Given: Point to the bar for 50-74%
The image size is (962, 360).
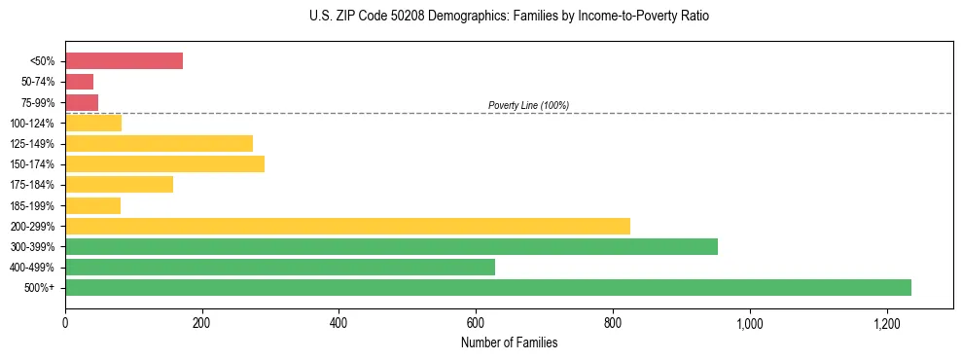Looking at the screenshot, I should tap(79, 82).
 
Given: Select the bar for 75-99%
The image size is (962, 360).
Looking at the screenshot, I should tap(82, 102).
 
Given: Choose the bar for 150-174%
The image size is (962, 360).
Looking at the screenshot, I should tap(164, 163).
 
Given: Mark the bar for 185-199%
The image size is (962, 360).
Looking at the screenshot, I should tap(92, 205).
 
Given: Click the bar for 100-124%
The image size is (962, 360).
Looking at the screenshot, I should tap(93, 123).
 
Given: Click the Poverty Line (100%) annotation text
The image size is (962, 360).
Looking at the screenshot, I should tap(528, 105).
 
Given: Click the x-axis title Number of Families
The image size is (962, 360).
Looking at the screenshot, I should tap(509, 342).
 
